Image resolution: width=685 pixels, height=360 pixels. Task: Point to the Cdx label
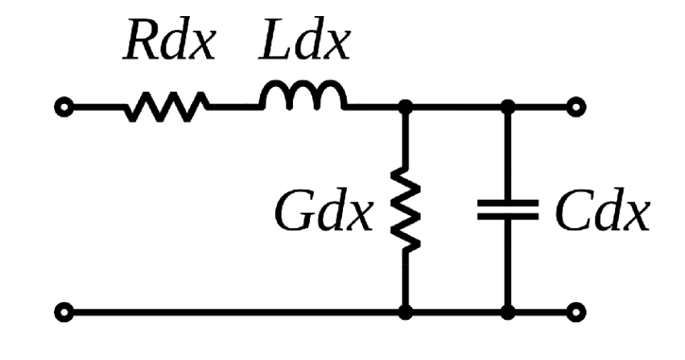point(600,213)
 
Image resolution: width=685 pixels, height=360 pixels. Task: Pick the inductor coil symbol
point(302,97)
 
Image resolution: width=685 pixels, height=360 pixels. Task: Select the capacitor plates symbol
point(507,210)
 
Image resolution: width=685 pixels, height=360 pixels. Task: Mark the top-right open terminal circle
point(576,106)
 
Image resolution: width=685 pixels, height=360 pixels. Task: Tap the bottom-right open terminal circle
point(576,310)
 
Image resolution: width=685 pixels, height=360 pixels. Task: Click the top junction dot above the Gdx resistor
point(406,106)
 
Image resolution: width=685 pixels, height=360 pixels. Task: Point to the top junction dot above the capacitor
point(507,106)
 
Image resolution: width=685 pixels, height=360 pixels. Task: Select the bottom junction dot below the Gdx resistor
point(406,310)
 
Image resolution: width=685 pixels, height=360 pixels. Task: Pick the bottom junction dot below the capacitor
point(507,310)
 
